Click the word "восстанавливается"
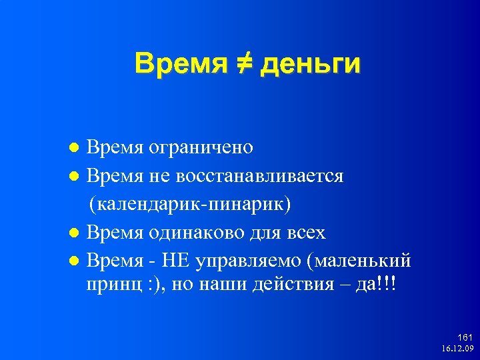point(260,176)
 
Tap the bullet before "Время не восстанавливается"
point(76,177)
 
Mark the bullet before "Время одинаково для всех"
point(76,234)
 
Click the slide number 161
point(464,339)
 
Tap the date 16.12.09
point(457,349)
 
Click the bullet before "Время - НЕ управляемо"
point(76,262)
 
